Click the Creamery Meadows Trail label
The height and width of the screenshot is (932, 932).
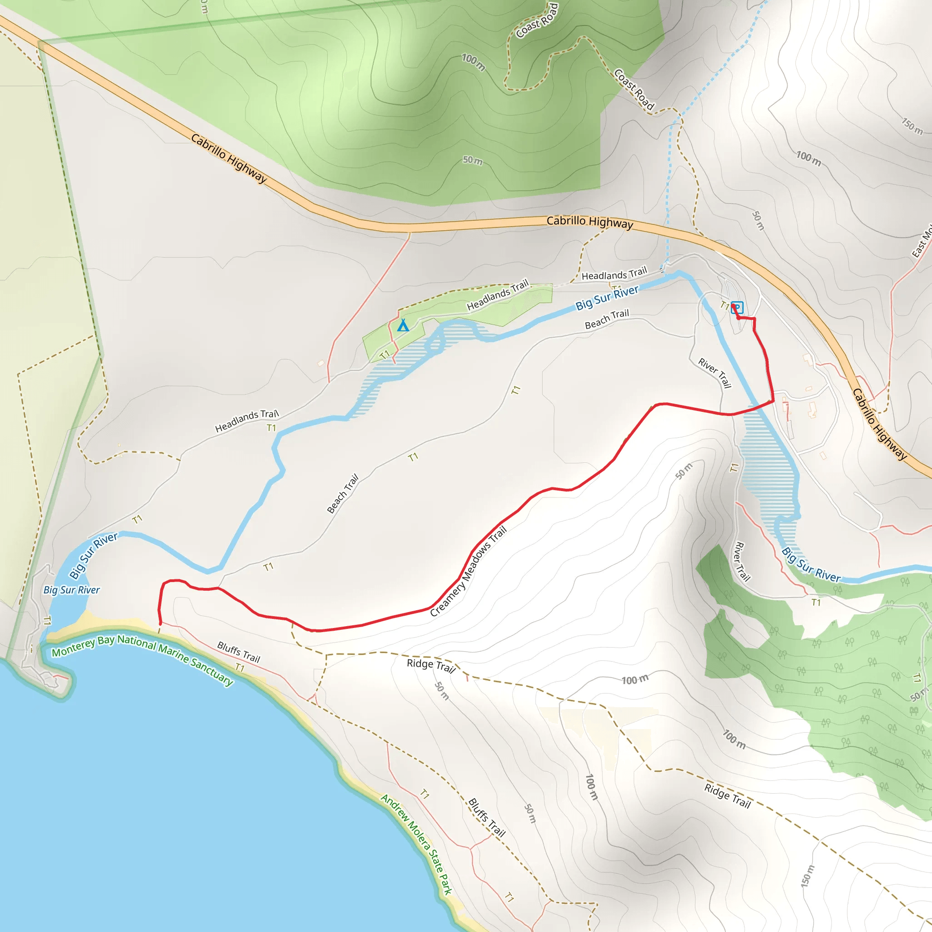468,571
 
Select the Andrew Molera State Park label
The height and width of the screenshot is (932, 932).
417,844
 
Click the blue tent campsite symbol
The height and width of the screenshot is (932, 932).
403,326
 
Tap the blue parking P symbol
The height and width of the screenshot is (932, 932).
737,307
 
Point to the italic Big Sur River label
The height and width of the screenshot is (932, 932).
71,590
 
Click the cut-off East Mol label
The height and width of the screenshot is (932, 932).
922,242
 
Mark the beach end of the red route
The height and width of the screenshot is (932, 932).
160,624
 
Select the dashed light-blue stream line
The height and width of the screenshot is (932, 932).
669,193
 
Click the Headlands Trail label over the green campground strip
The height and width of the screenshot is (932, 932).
497,295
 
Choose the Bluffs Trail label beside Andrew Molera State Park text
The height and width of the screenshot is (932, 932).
486,818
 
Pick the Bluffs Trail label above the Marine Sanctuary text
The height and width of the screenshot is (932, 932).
238,652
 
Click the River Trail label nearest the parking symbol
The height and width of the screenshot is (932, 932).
714,373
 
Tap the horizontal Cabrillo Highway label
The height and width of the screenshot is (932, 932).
589,222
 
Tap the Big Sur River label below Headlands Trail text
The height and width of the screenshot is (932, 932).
607,298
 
